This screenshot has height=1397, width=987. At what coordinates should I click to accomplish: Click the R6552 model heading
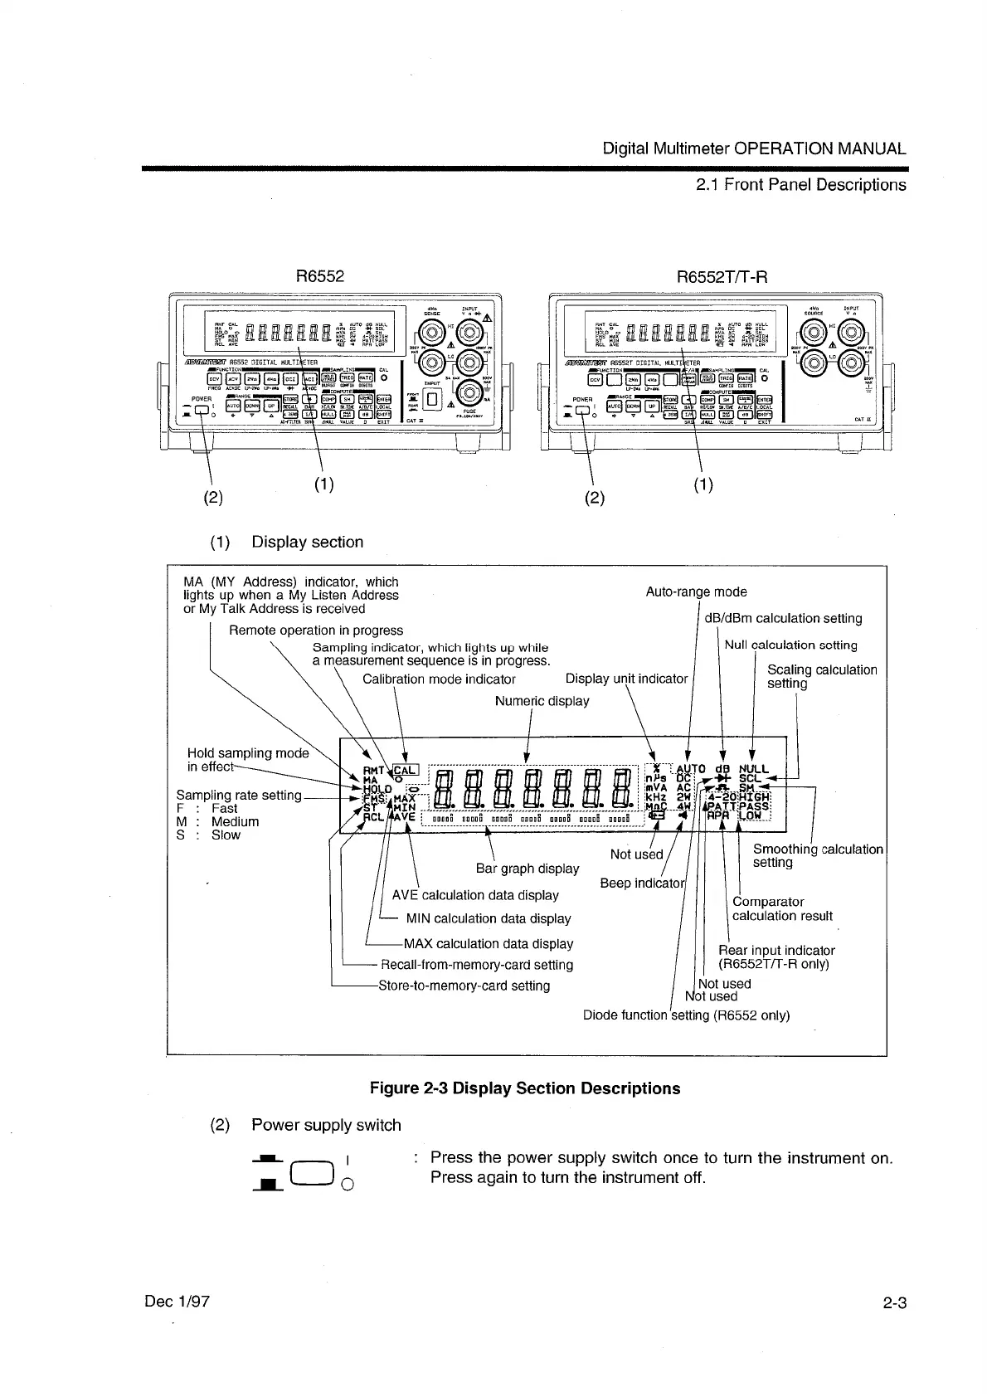click(x=320, y=276)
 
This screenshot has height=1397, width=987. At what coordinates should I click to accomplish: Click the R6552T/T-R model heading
click(x=722, y=277)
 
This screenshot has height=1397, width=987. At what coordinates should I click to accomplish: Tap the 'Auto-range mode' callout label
click(x=696, y=591)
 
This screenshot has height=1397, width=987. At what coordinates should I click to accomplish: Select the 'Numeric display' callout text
click(x=542, y=701)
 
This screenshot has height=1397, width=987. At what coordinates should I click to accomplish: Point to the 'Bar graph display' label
click(x=528, y=869)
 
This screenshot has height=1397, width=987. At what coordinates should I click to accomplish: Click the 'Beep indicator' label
click(x=640, y=883)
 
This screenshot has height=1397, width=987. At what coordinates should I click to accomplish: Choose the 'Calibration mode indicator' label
click(x=439, y=679)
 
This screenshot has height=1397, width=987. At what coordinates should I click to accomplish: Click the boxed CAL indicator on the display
click(x=410, y=769)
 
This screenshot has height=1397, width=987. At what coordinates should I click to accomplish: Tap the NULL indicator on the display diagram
click(x=753, y=769)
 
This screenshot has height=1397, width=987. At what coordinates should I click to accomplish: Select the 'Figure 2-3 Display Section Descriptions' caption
click(x=525, y=1088)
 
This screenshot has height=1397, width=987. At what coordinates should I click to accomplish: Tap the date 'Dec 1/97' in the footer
click(x=177, y=1301)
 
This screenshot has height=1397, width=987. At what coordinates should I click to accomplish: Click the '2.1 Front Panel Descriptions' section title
click(x=800, y=184)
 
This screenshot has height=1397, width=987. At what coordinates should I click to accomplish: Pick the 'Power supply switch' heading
click(x=326, y=1125)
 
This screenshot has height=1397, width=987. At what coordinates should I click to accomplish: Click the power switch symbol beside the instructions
click(x=318, y=1171)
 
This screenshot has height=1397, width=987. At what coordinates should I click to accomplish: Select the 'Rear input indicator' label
click(x=775, y=951)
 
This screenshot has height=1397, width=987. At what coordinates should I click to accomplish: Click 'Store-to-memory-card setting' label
click(x=464, y=986)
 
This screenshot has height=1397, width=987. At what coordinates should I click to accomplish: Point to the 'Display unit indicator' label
click(x=626, y=679)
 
